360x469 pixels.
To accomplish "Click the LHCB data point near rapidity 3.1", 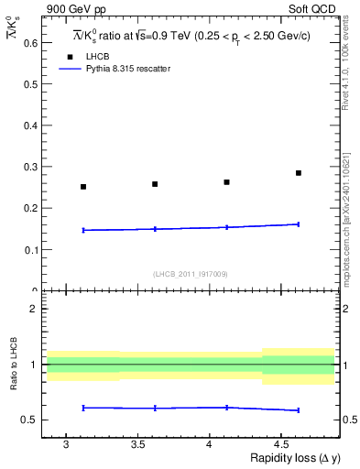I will (83, 187).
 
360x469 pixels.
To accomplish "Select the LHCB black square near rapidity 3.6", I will (155, 184).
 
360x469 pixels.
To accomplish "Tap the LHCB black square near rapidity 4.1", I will (227, 182).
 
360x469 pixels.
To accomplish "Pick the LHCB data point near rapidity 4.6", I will (299, 173).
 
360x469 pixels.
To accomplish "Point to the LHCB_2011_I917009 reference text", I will (190, 274).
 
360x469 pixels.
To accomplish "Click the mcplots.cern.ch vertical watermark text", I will (349, 215).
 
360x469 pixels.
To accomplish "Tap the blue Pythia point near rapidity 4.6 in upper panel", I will (299, 224).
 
